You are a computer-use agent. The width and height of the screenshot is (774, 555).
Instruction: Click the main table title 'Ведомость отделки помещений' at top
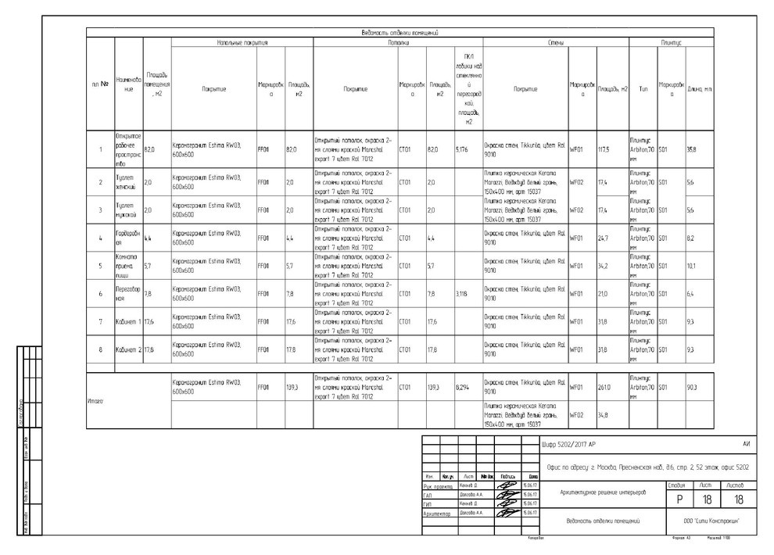(399, 33)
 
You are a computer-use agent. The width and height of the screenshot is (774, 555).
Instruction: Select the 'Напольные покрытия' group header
(242, 41)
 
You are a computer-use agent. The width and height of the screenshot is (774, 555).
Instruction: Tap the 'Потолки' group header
(398, 41)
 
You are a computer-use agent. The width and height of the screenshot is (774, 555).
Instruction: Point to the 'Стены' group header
(556, 41)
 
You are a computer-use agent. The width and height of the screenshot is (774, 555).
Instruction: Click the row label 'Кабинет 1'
(127, 322)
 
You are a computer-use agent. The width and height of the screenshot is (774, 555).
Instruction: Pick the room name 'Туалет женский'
(126, 183)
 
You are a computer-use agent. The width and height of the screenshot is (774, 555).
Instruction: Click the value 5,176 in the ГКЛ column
(462, 149)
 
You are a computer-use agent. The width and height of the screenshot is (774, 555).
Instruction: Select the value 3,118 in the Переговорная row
(462, 294)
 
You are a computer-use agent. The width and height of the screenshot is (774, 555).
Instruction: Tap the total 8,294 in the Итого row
(462, 387)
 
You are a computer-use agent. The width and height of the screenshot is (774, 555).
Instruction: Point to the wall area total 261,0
(604, 387)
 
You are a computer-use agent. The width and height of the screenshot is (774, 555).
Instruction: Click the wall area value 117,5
(604, 149)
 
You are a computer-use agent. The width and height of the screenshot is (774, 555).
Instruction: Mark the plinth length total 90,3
(692, 387)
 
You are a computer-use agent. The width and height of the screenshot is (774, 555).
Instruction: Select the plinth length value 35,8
(691, 149)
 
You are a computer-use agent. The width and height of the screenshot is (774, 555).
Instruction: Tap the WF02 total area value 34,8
(603, 414)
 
